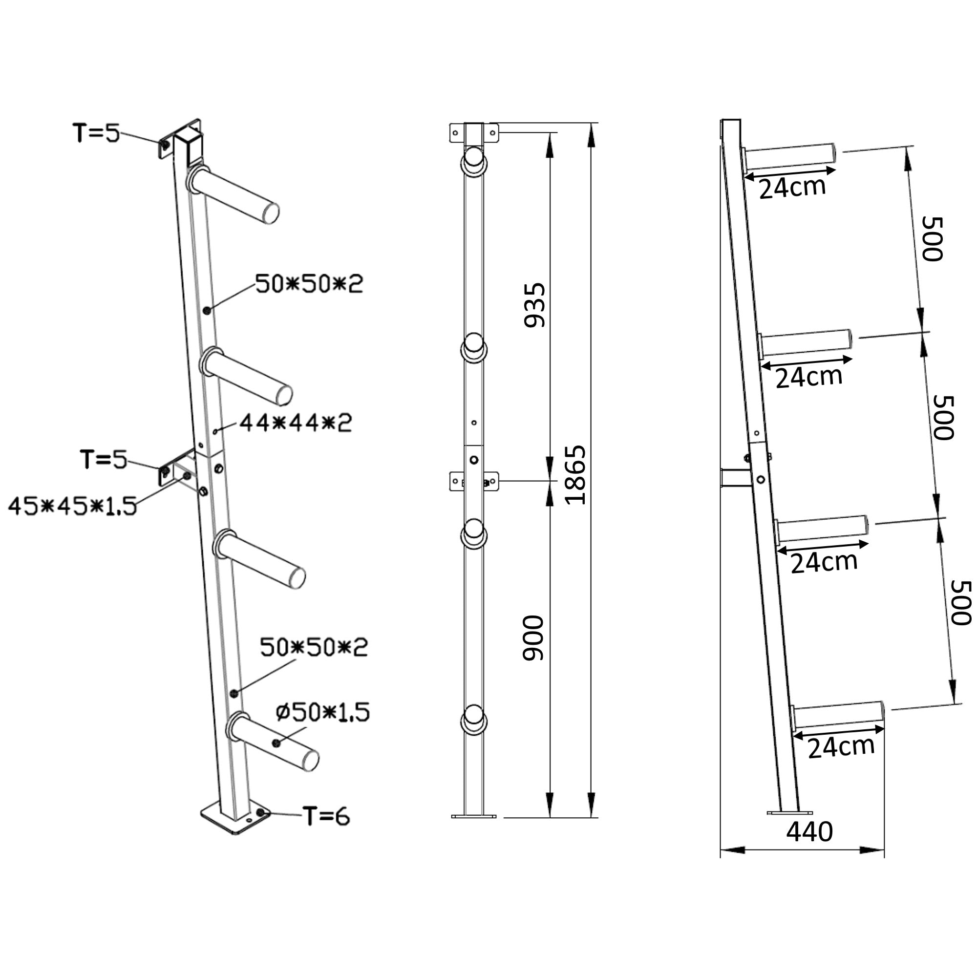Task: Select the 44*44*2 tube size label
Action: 296,423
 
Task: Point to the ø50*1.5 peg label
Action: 322,712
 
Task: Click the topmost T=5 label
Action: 97,133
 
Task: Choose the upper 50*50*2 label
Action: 309,284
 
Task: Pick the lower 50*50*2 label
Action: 314,647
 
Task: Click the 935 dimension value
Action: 534,305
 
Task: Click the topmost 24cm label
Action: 792,188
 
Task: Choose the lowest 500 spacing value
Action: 961,603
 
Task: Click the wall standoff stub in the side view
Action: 736,478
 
